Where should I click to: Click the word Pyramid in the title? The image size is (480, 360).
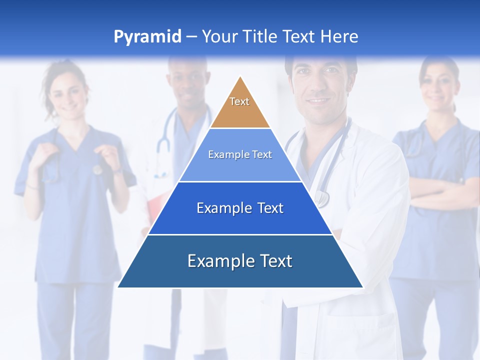tap(147, 37)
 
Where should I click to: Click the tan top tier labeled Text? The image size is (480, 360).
tap(239, 105)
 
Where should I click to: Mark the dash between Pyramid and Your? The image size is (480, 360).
tap(191, 37)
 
